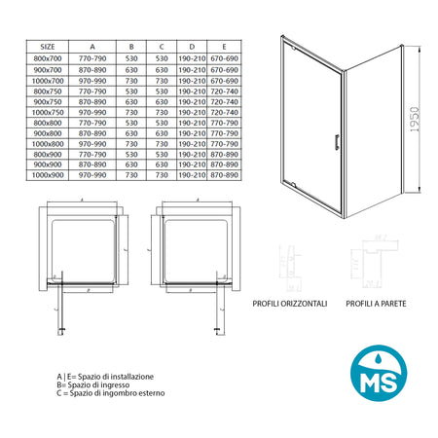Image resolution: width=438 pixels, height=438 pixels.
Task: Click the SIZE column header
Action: click(48, 45)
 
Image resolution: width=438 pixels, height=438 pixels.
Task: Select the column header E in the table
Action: click(224, 45)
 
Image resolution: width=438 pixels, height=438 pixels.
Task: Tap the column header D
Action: click(192, 45)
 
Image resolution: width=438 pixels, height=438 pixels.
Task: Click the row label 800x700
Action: click(48, 57)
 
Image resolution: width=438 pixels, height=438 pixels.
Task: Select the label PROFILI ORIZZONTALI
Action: click(291, 304)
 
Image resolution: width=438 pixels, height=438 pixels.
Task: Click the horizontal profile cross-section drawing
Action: click(287, 264)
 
